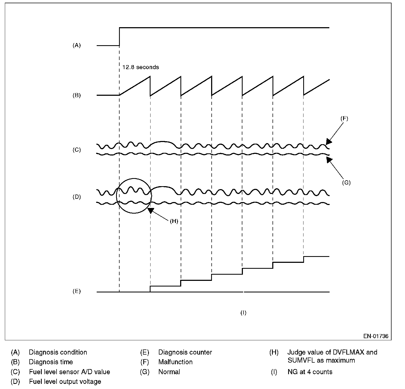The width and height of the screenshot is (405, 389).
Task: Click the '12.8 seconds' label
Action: click(141, 67)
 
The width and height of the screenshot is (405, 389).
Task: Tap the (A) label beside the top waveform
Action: click(77, 45)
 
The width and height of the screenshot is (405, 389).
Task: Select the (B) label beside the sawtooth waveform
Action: click(77, 95)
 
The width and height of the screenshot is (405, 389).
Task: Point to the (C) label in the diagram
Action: click(77, 150)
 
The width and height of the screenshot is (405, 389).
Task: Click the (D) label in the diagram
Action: click(77, 197)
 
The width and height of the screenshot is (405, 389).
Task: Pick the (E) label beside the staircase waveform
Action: click(77, 291)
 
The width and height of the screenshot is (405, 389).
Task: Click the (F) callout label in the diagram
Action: click(344, 118)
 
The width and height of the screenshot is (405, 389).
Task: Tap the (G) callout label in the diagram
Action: click(346, 183)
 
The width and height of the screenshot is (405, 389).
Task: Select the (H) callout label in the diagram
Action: click(174, 221)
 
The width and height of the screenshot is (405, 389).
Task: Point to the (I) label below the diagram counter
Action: click(243, 313)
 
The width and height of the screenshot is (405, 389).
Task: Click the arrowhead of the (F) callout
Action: click(329, 142)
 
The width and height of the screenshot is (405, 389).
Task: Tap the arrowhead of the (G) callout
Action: click(329, 160)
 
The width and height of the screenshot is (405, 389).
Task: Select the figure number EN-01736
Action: click(376, 336)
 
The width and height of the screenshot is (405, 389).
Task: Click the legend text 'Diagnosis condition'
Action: click(58, 352)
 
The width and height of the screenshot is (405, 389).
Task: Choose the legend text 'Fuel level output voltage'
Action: click(65, 381)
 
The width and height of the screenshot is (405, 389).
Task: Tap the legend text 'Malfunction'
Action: click(175, 362)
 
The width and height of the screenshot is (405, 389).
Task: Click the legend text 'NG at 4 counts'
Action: click(310, 372)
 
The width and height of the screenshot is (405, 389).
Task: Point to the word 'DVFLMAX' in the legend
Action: click(348, 352)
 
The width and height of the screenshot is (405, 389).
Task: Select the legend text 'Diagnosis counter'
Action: click(185, 352)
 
